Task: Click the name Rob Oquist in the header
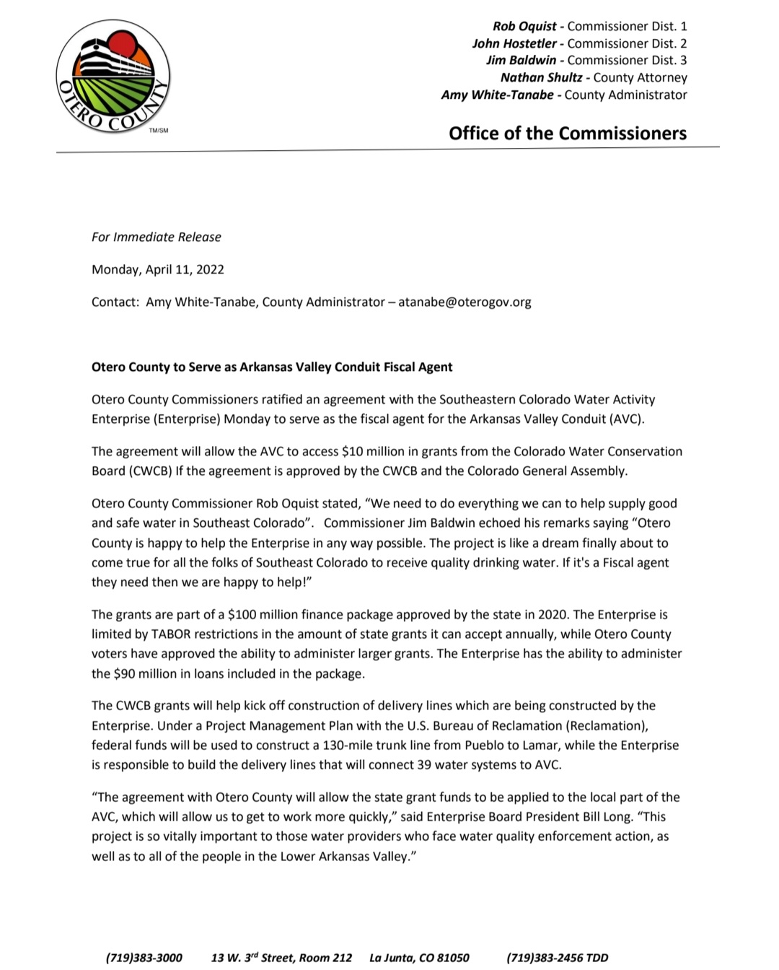coord(524,26)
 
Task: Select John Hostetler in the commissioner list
coord(514,43)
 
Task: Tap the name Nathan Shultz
coord(541,77)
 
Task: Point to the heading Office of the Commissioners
coord(568,134)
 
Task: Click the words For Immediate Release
coord(157,237)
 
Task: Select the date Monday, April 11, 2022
coord(158,269)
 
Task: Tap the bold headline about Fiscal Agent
coord(272,367)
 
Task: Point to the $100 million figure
coord(262,615)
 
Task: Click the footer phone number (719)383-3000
coord(144,958)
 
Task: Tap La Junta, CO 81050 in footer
coord(419,958)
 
